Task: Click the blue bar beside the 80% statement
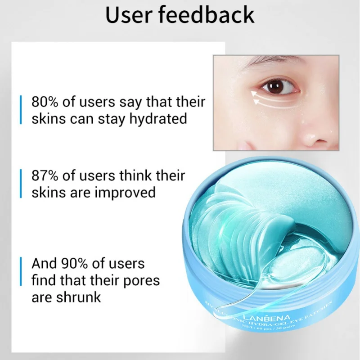pos(20,110)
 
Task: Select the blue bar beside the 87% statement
pos(20,184)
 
